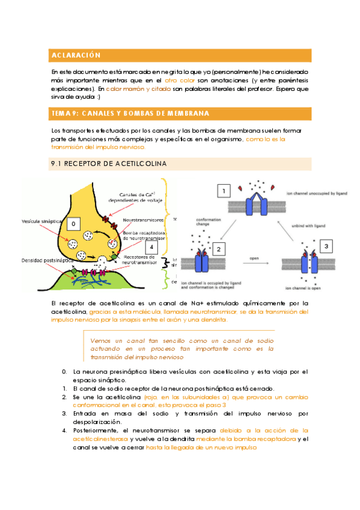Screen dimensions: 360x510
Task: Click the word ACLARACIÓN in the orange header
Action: click(75, 55)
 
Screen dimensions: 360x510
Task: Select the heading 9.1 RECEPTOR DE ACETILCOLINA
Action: click(109, 164)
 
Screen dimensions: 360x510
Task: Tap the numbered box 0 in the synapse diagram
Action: click(73, 224)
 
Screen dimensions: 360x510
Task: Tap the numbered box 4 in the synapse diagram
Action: click(152, 247)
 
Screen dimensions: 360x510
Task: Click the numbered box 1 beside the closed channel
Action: click(224, 192)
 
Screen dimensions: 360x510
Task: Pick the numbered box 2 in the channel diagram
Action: click(219, 248)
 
